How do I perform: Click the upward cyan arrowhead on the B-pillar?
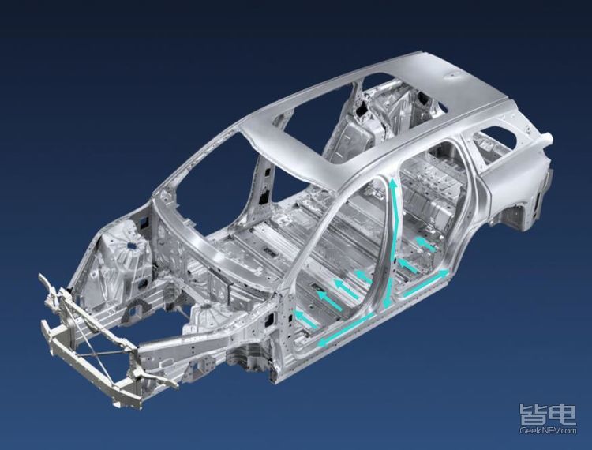pyautogui.click(x=393, y=185)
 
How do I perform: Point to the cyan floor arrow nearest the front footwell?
pyautogui.click(x=305, y=317)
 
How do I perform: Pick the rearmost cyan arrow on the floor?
pyautogui.click(x=426, y=244)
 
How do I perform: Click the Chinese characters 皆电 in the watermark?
pyautogui.click(x=548, y=414)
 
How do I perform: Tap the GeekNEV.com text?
pyautogui.click(x=548, y=430)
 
